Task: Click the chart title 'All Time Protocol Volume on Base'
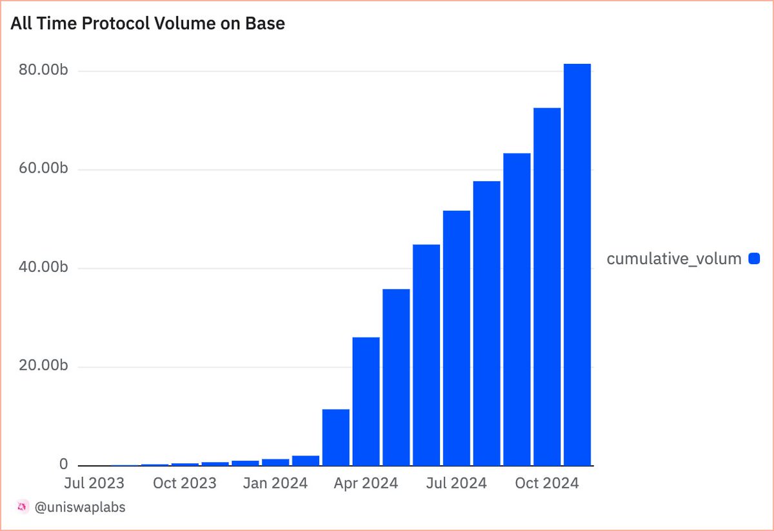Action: (x=148, y=23)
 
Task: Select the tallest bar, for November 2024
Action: (x=577, y=265)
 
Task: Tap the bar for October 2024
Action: (x=547, y=287)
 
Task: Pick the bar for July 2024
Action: (x=457, y=338)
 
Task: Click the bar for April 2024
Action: (x=366, y=401)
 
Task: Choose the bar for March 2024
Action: (x=336, y=438)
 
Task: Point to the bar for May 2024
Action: (x=396, y=378)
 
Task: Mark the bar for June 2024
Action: (x=426, y=355)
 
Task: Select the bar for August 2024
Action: (x=486, y=323)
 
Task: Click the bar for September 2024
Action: (x=517, y=309)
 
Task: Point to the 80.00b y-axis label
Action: (x=43, y=70)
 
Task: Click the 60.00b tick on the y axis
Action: (x=43, y=168)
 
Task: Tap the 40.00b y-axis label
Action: (x=43, y=267)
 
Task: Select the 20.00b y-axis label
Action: (x=43, y=365)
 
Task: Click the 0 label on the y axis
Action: (x=64, y=464)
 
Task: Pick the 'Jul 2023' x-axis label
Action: (x=94, y=483)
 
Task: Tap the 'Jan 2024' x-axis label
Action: (x=275, y=483)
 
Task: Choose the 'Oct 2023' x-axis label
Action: (x=184, y=483)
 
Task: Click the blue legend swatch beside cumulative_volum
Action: (x=754, y=258)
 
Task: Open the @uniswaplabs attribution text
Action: (x=80, y=507)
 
